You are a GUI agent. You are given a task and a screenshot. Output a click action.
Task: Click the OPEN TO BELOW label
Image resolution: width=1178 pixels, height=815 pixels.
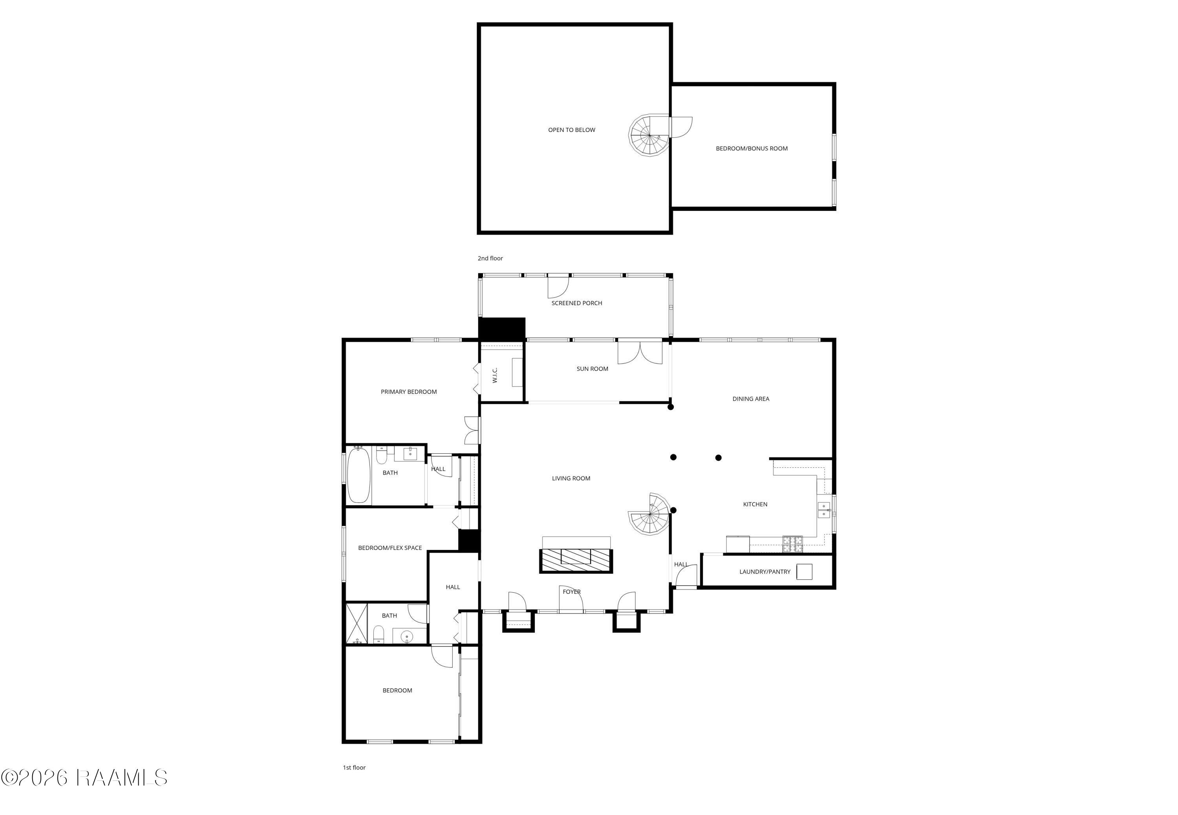[571, 130]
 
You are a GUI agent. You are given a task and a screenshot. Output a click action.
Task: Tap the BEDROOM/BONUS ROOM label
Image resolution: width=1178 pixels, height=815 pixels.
[751, 148]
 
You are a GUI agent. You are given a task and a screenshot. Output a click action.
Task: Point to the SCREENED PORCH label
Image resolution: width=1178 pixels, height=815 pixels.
[576, 303]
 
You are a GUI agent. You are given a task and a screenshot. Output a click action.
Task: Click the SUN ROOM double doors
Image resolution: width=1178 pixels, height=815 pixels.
[640, 352]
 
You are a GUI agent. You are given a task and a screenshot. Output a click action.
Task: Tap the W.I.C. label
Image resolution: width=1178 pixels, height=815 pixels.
[495, 375]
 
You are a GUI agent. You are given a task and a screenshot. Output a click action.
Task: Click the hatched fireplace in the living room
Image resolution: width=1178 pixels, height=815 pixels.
[576, 560]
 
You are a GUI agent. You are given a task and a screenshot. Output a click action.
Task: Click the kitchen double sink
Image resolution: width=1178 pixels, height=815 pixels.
[823, 510]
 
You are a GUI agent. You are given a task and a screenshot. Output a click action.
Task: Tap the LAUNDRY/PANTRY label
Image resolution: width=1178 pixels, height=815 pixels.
[765, 572]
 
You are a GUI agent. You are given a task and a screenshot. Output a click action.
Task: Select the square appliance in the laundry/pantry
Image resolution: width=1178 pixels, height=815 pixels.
[805, 571]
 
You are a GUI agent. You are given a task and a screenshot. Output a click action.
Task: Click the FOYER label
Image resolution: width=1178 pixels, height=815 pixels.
[571, 592]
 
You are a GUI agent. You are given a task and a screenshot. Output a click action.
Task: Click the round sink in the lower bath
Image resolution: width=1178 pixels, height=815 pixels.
[406, 636]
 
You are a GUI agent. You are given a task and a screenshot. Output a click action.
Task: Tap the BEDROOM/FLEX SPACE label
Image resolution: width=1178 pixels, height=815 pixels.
[390, 548]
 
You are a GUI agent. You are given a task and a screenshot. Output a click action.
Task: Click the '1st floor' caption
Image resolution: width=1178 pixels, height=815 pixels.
[354, 767]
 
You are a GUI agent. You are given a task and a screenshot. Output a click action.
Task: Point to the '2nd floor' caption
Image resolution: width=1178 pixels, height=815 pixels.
[490, 258]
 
